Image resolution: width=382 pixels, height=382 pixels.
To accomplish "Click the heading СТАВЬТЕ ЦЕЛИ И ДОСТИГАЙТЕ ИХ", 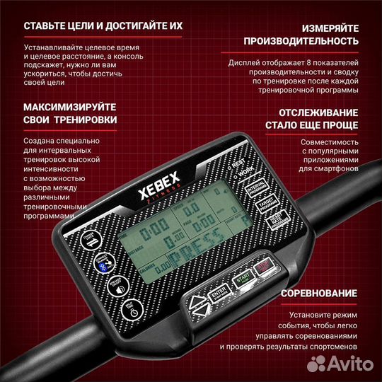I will [93, 27].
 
